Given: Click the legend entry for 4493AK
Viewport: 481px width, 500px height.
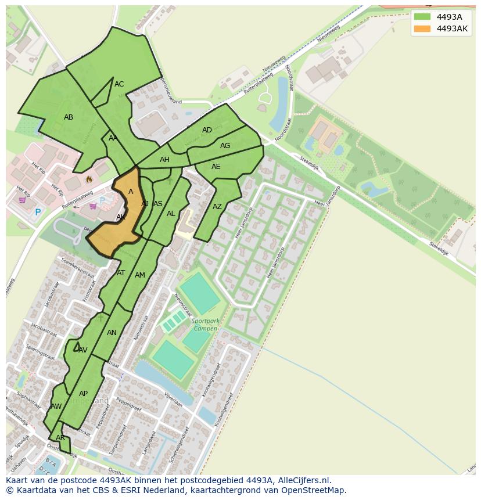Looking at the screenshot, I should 452,28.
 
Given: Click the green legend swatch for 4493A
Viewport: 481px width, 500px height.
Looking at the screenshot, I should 422,17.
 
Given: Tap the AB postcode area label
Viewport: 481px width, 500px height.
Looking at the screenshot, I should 69,117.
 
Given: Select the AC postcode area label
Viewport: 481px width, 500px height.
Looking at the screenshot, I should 119,84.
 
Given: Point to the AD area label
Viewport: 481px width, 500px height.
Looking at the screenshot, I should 207,130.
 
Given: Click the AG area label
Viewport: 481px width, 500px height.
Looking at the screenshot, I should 225,146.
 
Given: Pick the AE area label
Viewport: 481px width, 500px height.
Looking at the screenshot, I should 216,167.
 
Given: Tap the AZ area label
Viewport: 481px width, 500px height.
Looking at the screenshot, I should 217,207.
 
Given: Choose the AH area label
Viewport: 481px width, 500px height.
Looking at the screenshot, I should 164,160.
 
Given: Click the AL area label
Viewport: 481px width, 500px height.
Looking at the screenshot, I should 171,214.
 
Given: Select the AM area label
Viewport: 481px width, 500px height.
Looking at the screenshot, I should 140,275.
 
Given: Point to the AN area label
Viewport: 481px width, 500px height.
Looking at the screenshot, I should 112,333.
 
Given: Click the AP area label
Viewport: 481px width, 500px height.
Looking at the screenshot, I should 83,394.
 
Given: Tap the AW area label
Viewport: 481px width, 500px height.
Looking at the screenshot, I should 56,407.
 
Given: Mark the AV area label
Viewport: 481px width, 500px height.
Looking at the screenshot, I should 82,350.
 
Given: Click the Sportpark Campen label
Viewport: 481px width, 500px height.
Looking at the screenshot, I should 205,325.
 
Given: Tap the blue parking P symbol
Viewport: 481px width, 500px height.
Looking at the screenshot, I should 38,213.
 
